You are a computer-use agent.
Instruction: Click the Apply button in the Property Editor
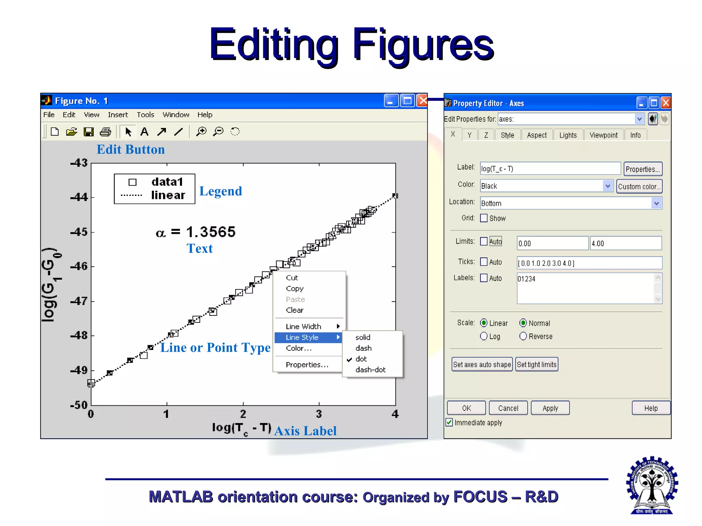pos(550,408)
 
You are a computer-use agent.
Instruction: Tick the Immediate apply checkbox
pos(449,422)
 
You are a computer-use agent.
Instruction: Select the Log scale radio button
pos(484,336)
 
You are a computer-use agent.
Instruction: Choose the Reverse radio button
pos(523,336)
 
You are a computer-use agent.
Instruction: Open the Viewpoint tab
pos(603,135)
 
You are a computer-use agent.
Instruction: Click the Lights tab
pos(568,135)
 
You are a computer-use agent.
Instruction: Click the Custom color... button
pos(639,187)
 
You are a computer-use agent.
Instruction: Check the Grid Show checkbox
pos(484,218)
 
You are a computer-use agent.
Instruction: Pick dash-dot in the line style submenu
pos(370,370)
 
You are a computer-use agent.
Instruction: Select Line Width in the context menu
pos(303,326)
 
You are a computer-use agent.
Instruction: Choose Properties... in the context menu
pos(307,365)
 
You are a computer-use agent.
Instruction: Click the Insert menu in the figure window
pos(118,115)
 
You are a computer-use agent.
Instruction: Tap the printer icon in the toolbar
pos(105,132)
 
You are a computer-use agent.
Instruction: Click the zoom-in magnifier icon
pos(201,132)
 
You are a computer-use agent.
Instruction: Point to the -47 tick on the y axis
pos(79,301)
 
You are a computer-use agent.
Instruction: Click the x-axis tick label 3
pos(319,414)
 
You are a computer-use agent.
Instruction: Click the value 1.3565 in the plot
pos(211,232)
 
